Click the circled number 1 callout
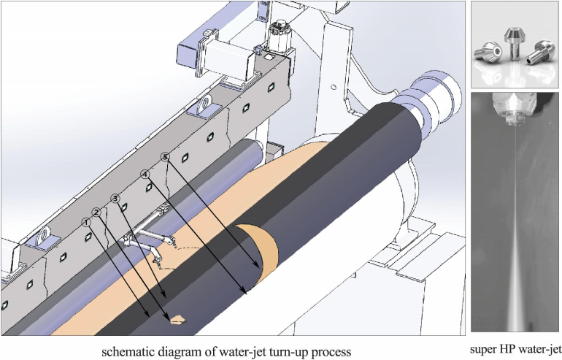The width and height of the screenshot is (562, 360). [86, 221]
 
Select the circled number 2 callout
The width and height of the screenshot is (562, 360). [96, 212]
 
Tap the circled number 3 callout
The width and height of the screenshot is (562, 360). [115, 199]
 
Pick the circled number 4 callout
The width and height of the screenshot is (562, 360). [145, 175]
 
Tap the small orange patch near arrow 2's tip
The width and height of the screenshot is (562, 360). [177, 318]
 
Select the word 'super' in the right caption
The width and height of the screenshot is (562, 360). [484, 349]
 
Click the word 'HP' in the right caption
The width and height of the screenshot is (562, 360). [509, 349]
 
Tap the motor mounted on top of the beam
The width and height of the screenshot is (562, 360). [277, 33]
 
